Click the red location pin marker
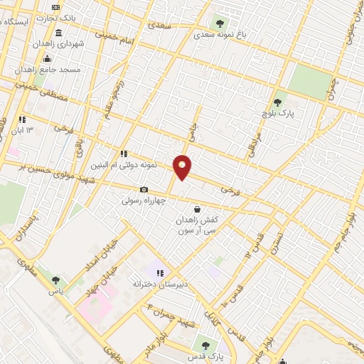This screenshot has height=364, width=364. click(x=183, y=166)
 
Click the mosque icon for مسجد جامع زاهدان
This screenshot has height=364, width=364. click(x=47, y=58)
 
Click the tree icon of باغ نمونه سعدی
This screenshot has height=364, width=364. click(x=219, y=22)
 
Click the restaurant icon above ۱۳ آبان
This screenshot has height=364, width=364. click(x=22, y=119)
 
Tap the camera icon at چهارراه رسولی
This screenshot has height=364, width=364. click(x=144, y=190)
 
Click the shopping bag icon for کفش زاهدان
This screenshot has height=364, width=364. click(x=197, y=209)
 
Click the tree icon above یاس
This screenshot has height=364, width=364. click(x=56, y=279)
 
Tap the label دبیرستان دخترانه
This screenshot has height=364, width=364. click(x=155, y=284)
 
